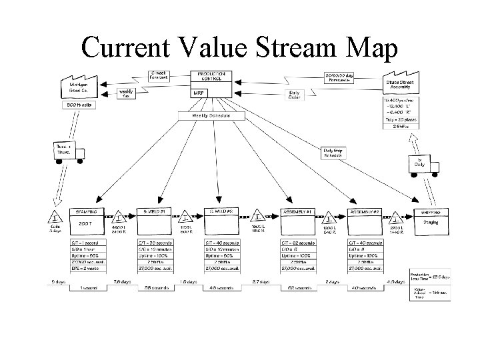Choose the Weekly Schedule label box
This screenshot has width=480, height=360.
[x=211, y=115]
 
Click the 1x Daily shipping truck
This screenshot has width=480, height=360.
[x=417, y=163]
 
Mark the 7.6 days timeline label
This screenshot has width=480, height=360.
[x=121, y=282]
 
